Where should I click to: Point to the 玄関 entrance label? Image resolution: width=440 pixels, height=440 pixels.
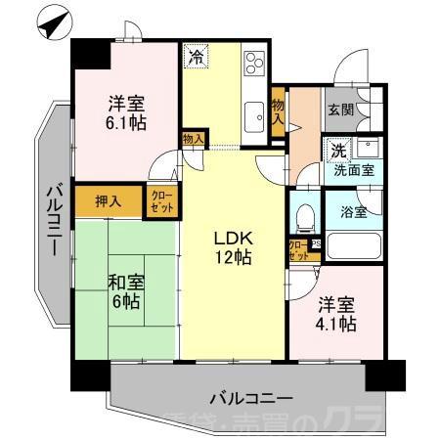(x=340, y=110)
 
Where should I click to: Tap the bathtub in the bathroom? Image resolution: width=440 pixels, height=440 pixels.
(x=353, y=245)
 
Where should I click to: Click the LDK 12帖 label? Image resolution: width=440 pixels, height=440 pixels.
(x=234, y=247)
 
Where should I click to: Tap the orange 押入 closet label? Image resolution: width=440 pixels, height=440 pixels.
(x=108, y=201)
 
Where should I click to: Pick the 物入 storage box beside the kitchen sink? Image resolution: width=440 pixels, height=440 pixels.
(x=278, y=110)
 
